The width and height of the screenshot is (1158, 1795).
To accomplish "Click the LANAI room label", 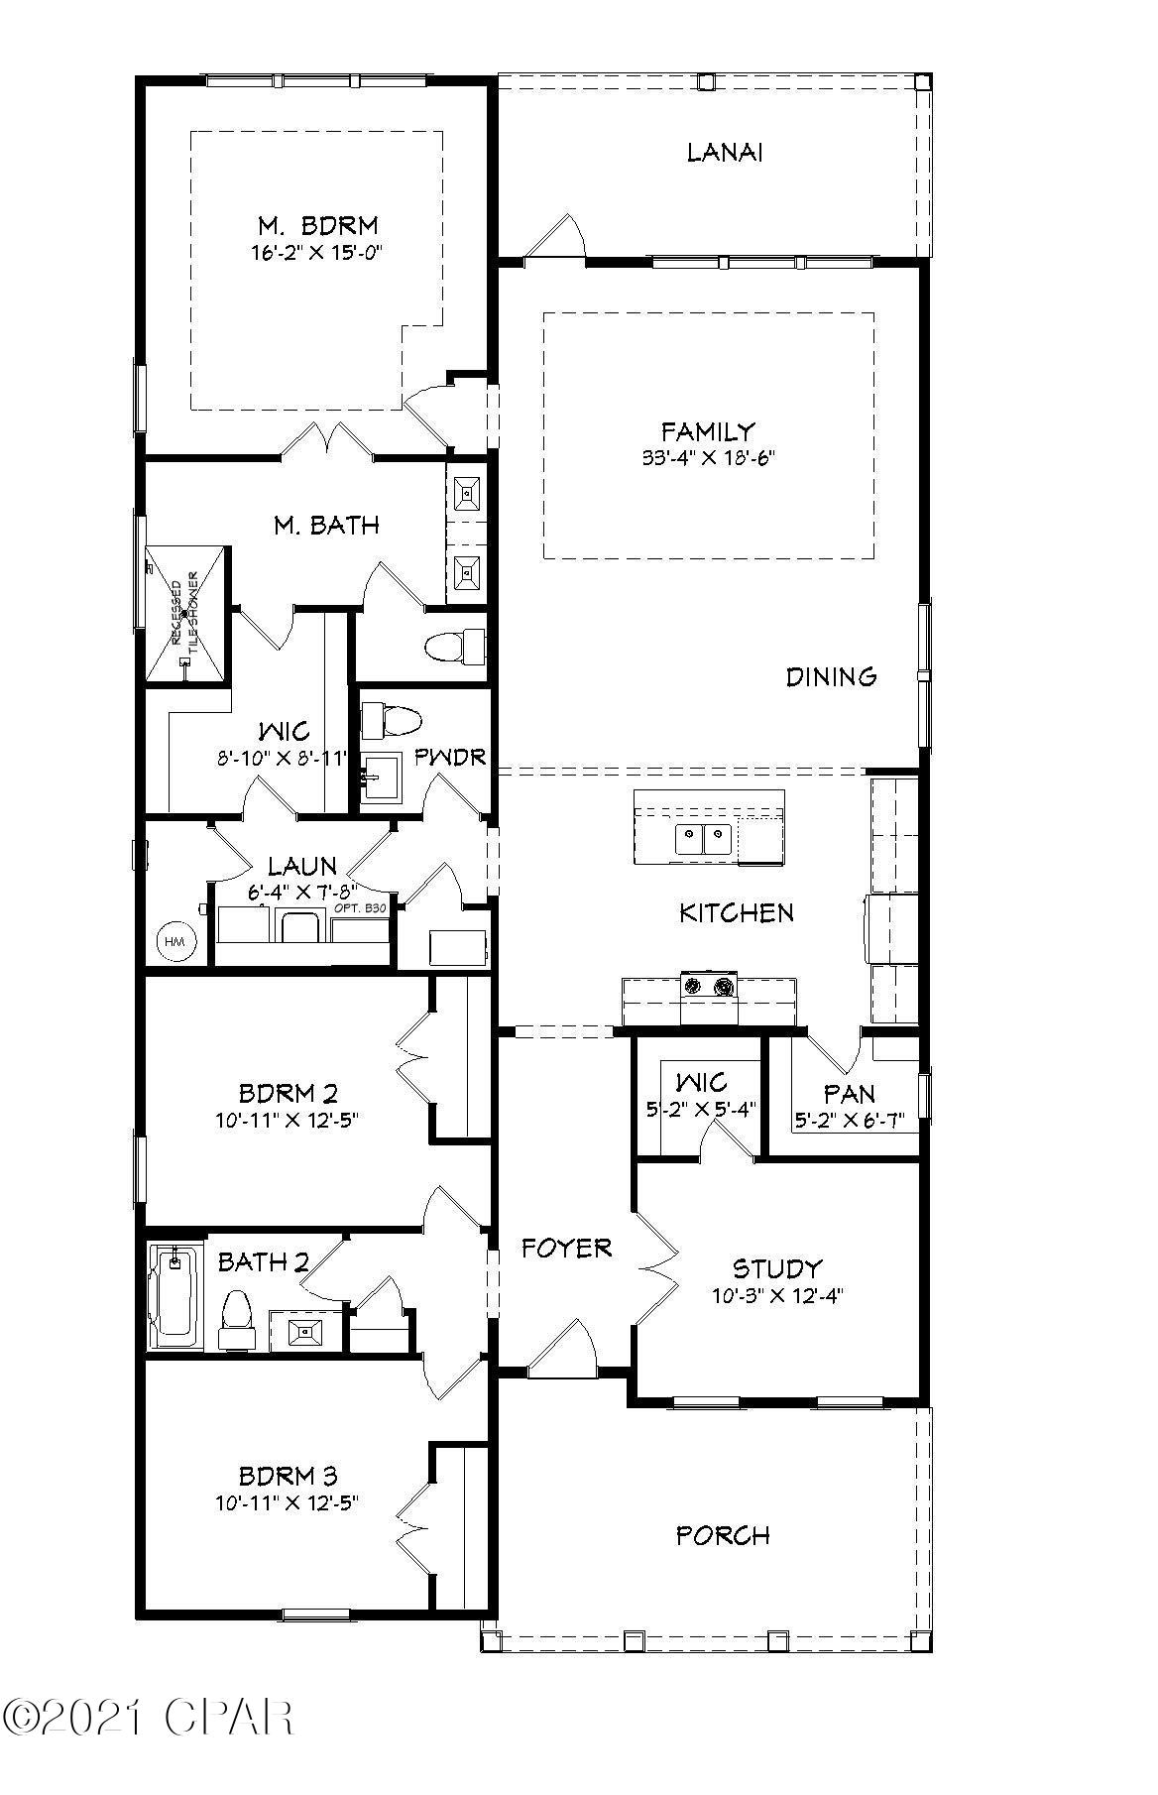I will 726,153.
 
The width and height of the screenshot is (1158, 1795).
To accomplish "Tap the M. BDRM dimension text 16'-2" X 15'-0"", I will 315,253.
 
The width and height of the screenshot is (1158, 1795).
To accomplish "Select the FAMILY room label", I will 708,431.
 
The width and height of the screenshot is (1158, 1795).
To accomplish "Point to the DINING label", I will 831,677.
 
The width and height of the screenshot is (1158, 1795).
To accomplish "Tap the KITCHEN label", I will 736,912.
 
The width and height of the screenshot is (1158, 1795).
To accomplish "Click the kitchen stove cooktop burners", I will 708,986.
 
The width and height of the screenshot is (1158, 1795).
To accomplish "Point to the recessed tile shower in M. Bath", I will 186,614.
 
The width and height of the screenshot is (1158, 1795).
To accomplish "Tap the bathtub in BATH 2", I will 174,1294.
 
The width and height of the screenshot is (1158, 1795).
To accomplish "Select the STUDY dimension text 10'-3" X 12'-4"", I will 777,1295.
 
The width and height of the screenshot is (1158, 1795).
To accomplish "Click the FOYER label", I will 566,1248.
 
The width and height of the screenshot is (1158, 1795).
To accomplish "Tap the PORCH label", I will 723,1535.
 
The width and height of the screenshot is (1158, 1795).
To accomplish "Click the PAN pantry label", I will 850,1094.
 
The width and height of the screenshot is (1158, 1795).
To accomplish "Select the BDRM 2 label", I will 288,1094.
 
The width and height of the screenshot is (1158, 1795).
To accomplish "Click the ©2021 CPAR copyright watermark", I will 149,1716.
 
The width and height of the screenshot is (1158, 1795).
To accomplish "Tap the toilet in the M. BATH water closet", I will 454,648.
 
